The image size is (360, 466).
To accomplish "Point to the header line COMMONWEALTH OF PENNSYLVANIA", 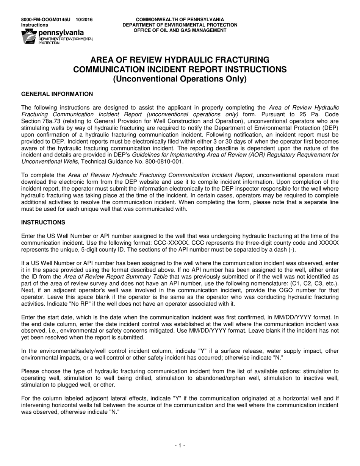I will (x=180, y=20).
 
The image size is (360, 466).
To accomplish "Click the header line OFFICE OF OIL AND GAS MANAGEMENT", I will (x=180, y=30).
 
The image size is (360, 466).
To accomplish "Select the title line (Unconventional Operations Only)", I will (x=180, y=79).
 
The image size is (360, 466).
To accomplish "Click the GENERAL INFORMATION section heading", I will (x=57, y=94).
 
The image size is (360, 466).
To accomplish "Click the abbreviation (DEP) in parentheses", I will (x=330, y=128).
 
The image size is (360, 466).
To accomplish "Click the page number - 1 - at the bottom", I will (x=180, y=446).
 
